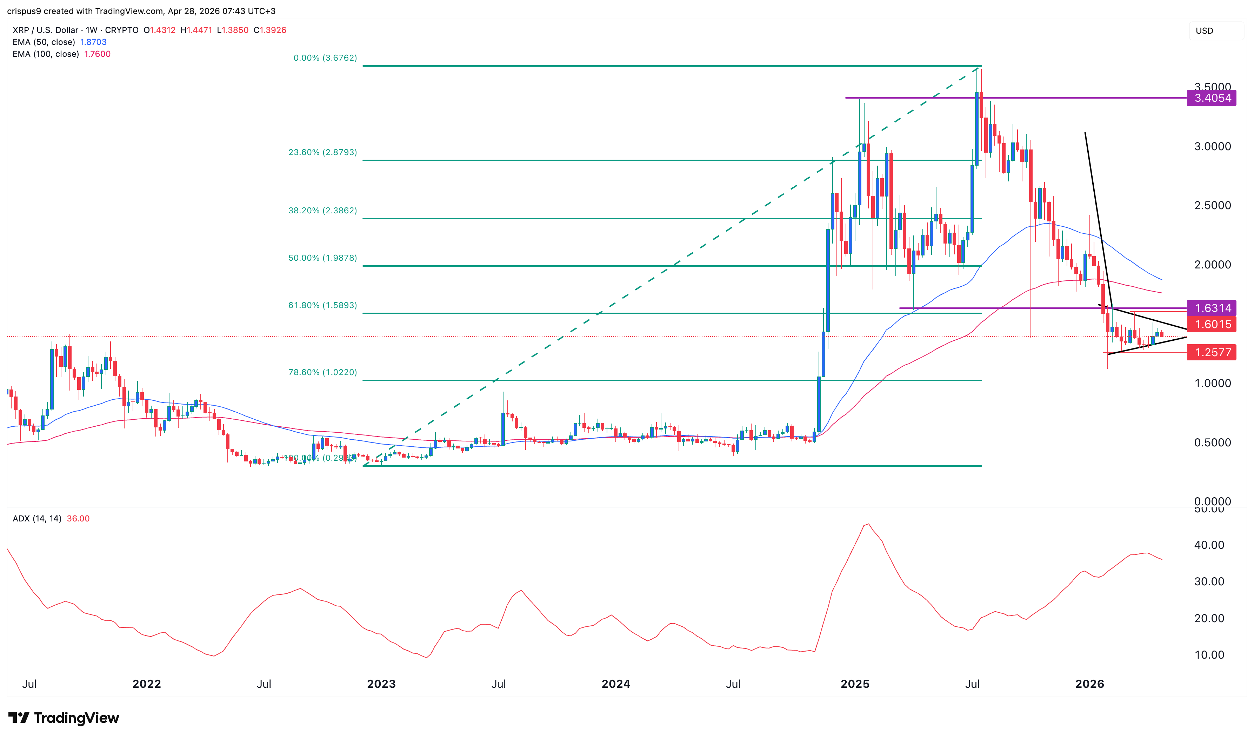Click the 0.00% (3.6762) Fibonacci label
coord(325,58)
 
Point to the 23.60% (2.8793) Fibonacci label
coord(322,152)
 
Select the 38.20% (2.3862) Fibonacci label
coord(322,211)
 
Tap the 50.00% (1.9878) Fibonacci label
coord(322,258)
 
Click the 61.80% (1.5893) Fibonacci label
coord(322,305)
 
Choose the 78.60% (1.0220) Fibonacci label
coord(322,373)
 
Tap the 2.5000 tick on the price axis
coord(1212,206)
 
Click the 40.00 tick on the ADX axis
coord(1209,545)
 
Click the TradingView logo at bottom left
coord(64,718)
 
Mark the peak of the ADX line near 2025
coord(868,524)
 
